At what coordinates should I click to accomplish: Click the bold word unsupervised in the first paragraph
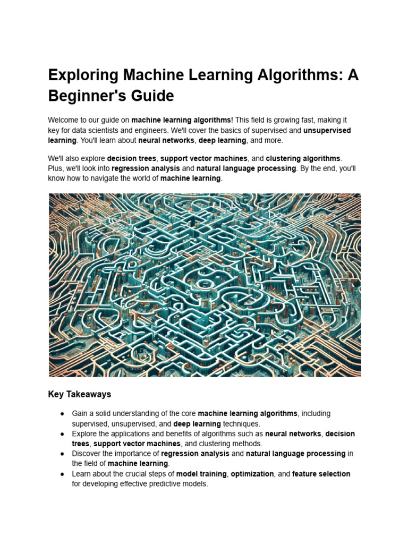coord(327,131)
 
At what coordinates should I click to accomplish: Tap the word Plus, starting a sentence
coord(56,168)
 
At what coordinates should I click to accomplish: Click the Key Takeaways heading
coord(80,394)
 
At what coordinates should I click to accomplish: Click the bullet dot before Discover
coord(62,454)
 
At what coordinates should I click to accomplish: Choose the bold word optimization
coord(252,474)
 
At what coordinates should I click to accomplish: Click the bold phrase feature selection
coord(321,474)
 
